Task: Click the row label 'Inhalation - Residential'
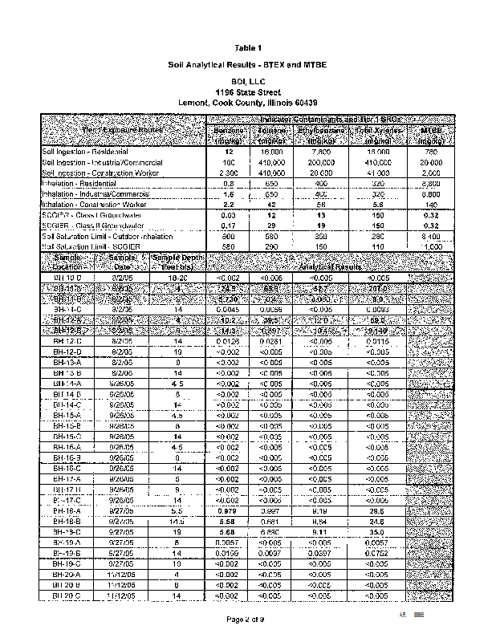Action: [x=80, y=184]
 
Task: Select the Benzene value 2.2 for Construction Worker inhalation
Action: [x=229, y=205]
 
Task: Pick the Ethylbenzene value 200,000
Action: [x=321, y=162]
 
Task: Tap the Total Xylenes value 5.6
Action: [x=376, y=205]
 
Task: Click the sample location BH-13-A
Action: [x=68, y=361]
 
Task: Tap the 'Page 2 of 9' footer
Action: [x=248, y=620]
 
